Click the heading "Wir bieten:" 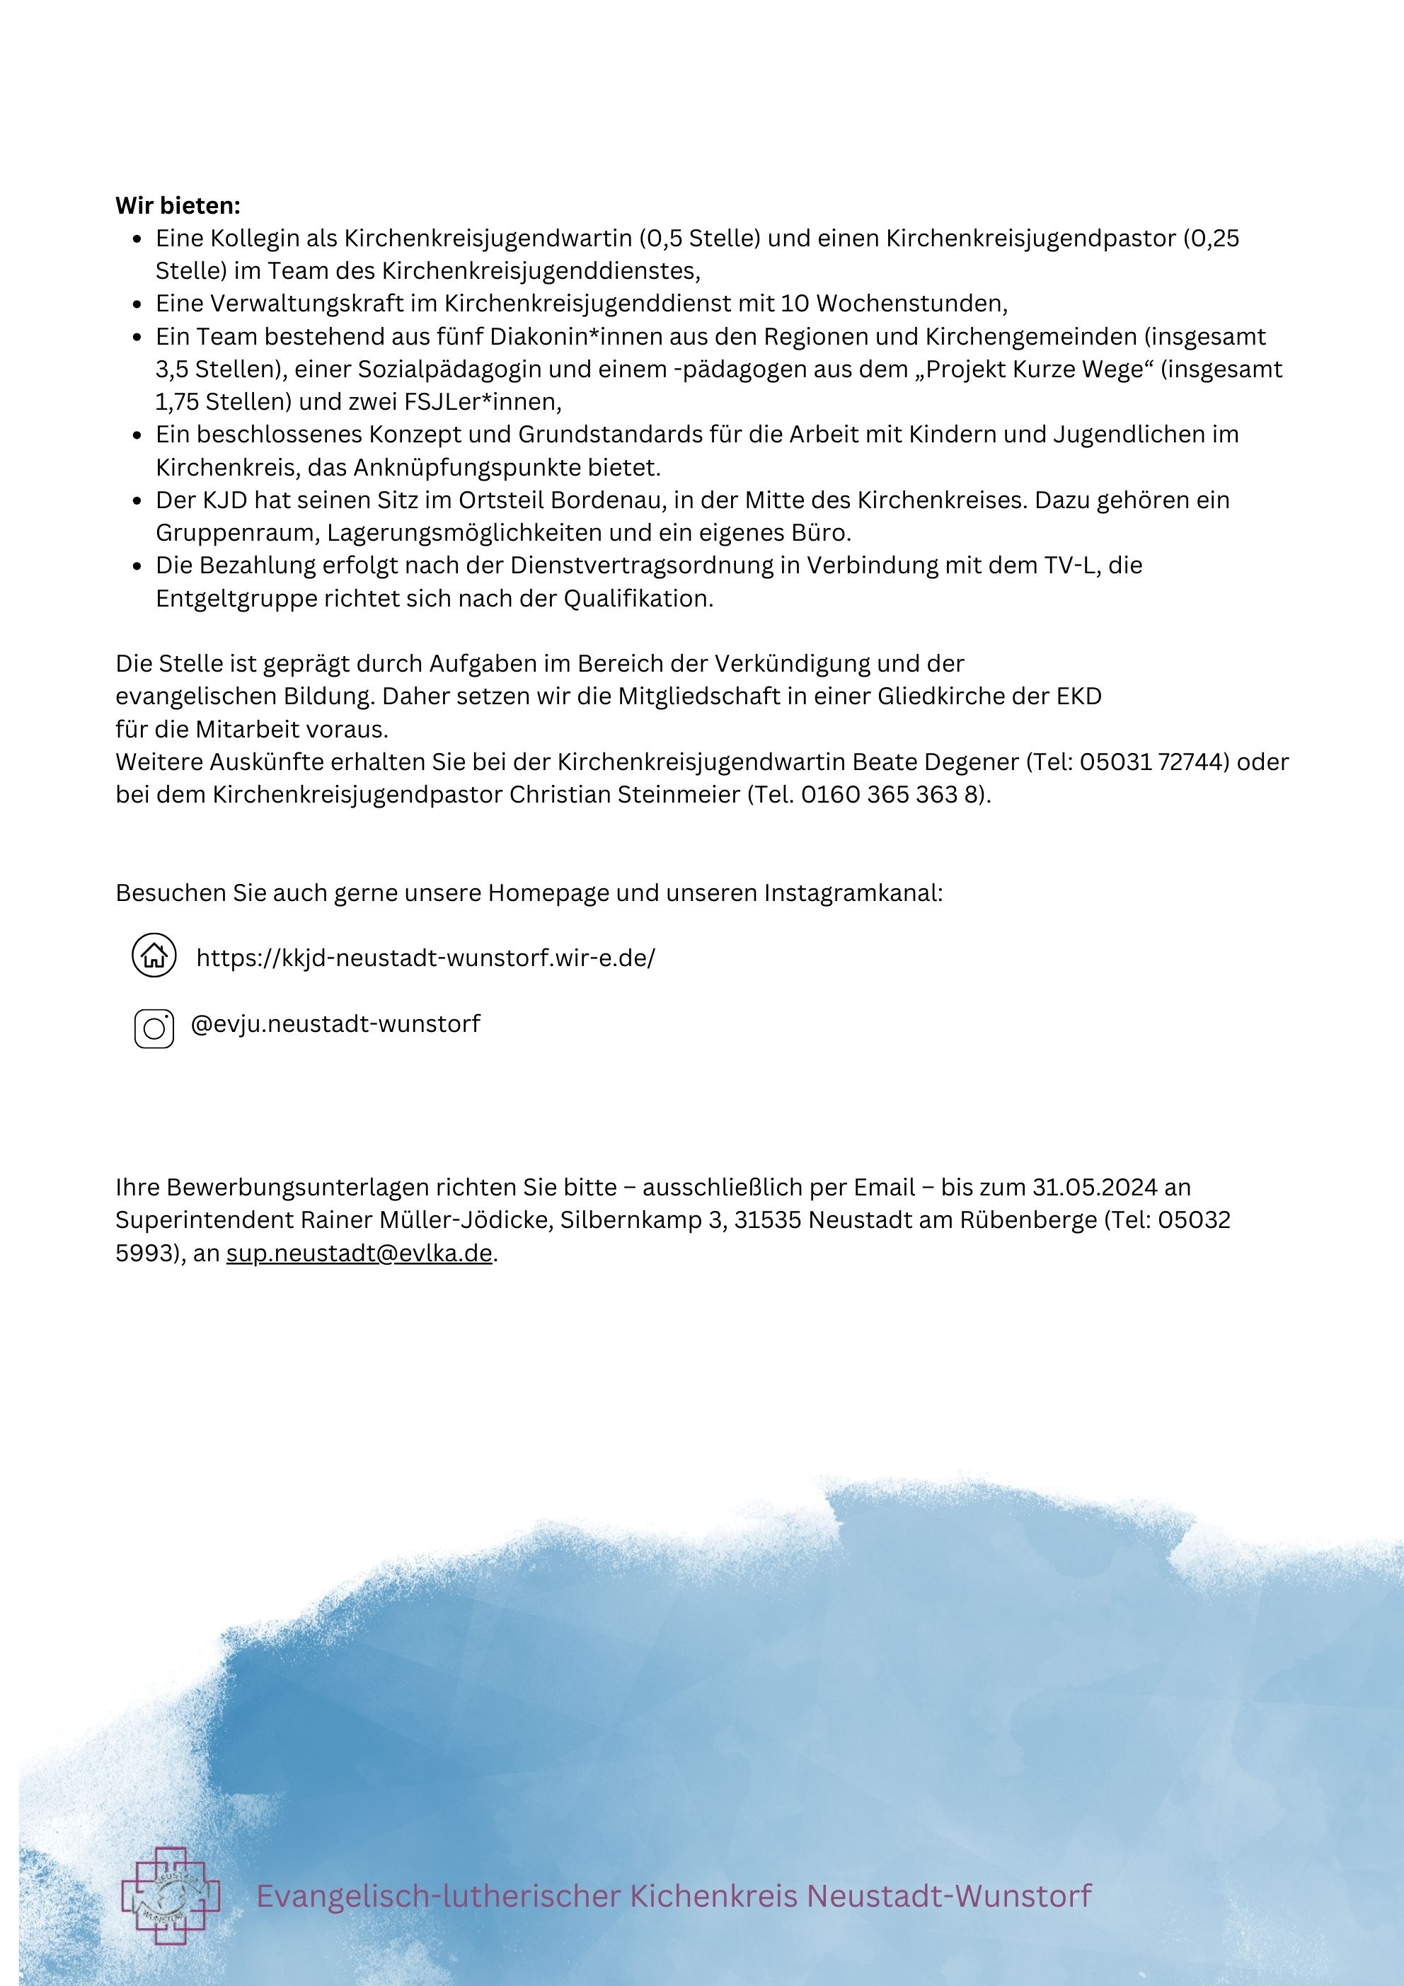click(x=178, y=206)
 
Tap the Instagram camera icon click(x=154, y=1028)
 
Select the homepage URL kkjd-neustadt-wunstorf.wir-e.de click(x=425, y=958)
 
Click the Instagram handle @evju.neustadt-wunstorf click(x=335, y=1024)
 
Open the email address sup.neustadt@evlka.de click(x=359, y=1253)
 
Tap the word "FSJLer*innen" click(x=482, y=402)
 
